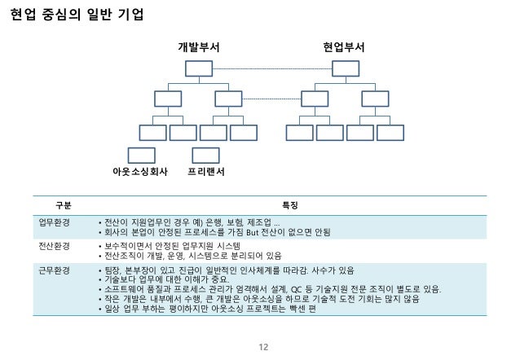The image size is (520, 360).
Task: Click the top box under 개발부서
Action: pos(199,68)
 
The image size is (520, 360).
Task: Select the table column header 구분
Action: pos(63,204)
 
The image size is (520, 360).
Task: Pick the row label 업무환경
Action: pos(55,221)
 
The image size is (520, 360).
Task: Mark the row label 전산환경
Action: pos(55,245)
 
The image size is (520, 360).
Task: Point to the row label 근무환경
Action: pos(55,269)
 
